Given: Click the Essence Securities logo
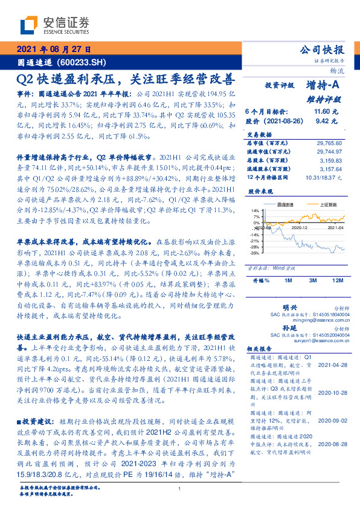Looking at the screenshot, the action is pos(49,25).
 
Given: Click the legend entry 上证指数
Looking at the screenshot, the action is pos(321,206).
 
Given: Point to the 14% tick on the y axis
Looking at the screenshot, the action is pos(257,209).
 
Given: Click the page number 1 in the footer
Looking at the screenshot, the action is pos(180,489).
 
